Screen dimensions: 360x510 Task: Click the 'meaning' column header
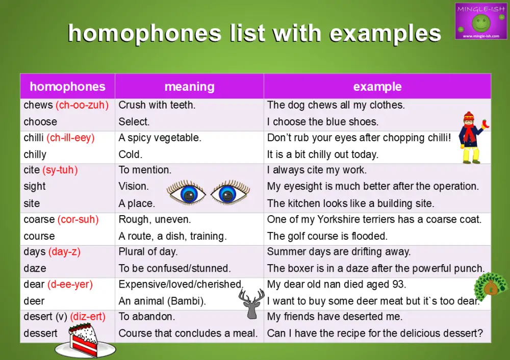tap(189, 87)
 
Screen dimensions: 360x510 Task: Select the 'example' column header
tap(377, 87)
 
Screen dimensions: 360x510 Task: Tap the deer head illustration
tap(252, 303)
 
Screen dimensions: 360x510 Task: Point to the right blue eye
tap(230, 193)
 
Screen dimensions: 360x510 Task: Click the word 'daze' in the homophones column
tap(35, 268)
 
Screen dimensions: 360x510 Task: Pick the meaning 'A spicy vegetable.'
tap(160, 138)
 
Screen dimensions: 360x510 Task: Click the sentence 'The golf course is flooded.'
tap(327, 236)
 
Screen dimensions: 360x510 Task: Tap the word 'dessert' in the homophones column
tap(40, 333)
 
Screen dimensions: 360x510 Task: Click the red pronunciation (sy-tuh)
tap(60, 170)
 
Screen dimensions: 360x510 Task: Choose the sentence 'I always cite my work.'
tap(317, 170)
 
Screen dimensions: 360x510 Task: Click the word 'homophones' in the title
tap(145, 34)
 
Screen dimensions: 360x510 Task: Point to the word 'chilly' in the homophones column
tap(35, 155)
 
